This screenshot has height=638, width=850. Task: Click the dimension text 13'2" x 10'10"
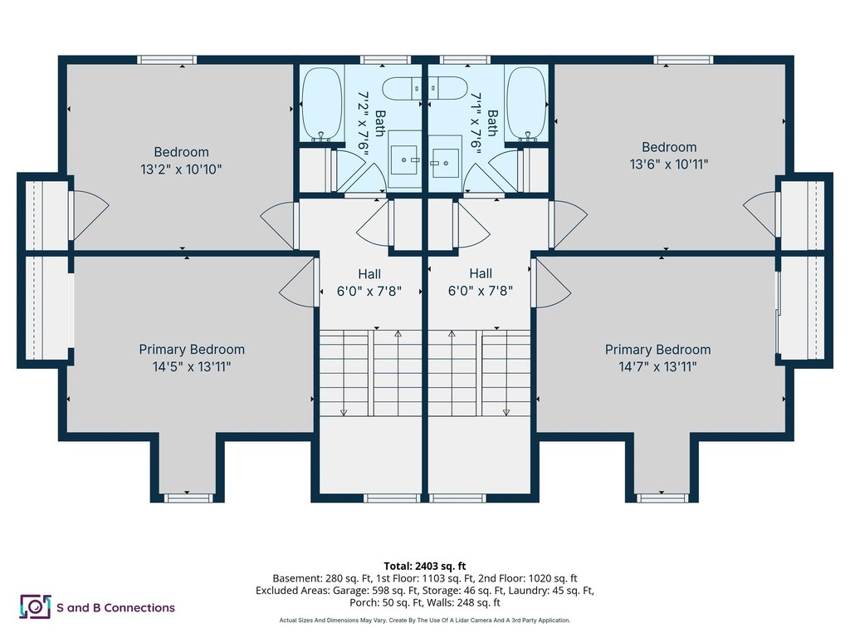click(181, 169)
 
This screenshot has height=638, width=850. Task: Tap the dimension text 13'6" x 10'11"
click(669, 164)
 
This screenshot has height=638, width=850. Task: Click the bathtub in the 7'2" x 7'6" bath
click(322, 104)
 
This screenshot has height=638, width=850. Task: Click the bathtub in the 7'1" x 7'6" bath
click(526, 104)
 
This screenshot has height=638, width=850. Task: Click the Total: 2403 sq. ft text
click(425, 567)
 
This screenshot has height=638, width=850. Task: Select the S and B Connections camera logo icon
click(35, 606)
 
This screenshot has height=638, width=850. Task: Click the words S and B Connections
click(116, 607)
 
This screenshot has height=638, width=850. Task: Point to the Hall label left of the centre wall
click(369, 274)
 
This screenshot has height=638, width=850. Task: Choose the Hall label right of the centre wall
click(481, 273)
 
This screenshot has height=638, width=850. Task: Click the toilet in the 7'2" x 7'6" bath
click(402, 88)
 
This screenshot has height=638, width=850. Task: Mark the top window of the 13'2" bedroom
click(166, 60)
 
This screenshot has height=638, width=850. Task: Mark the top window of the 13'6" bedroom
click(683, 60)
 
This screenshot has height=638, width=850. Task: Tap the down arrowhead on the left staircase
click(344, 413)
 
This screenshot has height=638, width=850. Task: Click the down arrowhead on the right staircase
click(506, 413)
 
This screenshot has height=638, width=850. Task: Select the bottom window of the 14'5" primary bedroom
click(187, 498)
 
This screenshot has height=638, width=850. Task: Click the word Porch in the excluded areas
click(363, 603)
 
